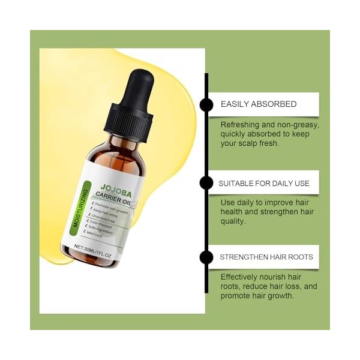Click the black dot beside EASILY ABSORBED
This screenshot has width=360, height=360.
pyautogui.click(x=206, y=104)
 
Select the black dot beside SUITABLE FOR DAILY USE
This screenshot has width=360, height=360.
pyautogui.click(x=206, y=183)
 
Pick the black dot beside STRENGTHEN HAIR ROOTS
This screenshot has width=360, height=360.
pyautogui.click(x=206, y=257)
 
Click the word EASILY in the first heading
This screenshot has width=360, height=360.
pyautogui.click(x=234, y=104)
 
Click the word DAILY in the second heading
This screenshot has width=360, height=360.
pyautogui.click(x=275, y=183)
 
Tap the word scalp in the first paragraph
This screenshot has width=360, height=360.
pyautogui.click(x=252, y=144)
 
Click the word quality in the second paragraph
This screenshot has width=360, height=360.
pyautogui.click(x=234, y=221)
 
